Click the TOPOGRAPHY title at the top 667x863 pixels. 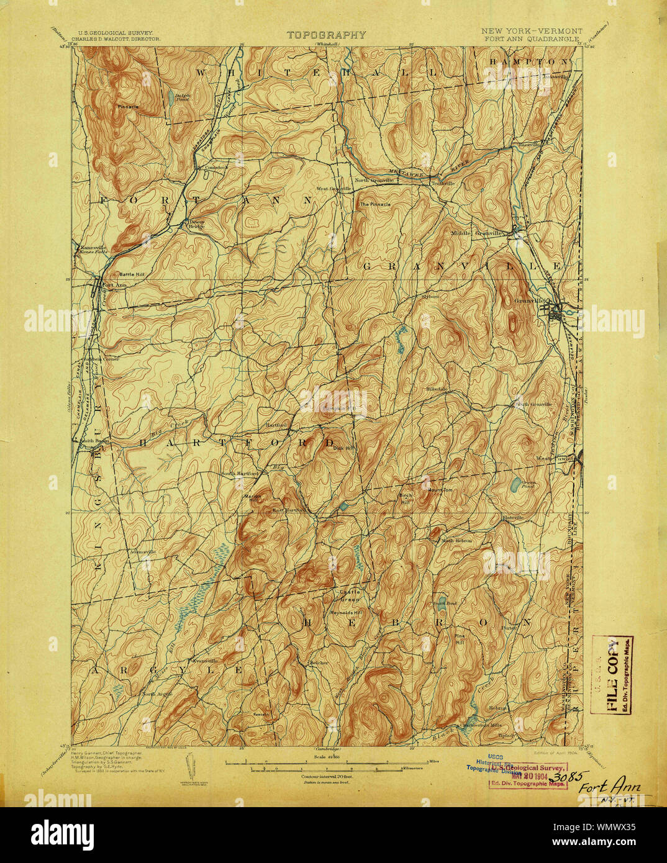(x=326, y=35)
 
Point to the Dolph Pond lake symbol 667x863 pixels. (x=170, y=97)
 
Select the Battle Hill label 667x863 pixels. (x=131, y=274)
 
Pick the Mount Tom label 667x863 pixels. (x=440, y=490)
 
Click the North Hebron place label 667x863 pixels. (x=456, y=541)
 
